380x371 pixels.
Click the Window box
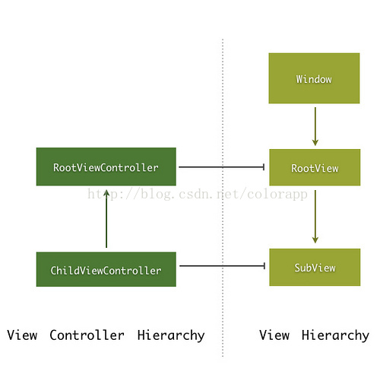click(x=314, y=78)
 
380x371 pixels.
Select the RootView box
click(x=315, y=167)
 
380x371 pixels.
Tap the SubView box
click(x=315, y=268)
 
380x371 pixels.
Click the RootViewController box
click(x=106, y=166)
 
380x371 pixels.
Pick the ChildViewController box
click(x=106, y=269)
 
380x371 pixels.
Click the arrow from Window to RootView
click(x=315, y=126)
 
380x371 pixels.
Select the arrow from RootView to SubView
click(x=315, y=217)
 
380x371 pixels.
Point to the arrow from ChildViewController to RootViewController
click(x=106, y=219)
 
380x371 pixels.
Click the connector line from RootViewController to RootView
click(x=222, y=167)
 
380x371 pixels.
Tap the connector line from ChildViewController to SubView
click(x=222, y=266)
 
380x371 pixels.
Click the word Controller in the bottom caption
click(x=87, y=335)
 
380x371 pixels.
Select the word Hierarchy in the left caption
click(x=171, y=335)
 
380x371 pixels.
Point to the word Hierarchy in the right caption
click(x=335, y=335)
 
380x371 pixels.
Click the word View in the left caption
click(x=22, y=335)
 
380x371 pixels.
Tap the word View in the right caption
click(x=274, y=335)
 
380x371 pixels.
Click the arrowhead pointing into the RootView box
click(x=315, y=142)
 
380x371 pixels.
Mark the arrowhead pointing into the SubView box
click(x=315, y=239)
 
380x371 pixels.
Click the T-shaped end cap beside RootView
click(x=264, y=167)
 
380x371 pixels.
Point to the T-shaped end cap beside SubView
click(x=264, y=266)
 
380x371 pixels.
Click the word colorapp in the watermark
click(x=277, y=195)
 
